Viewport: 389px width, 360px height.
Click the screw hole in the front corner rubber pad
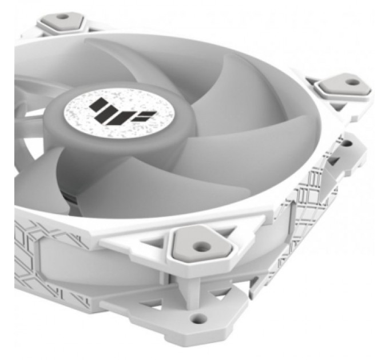tap(199, 247)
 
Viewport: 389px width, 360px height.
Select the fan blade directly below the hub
tap(132, 183)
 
